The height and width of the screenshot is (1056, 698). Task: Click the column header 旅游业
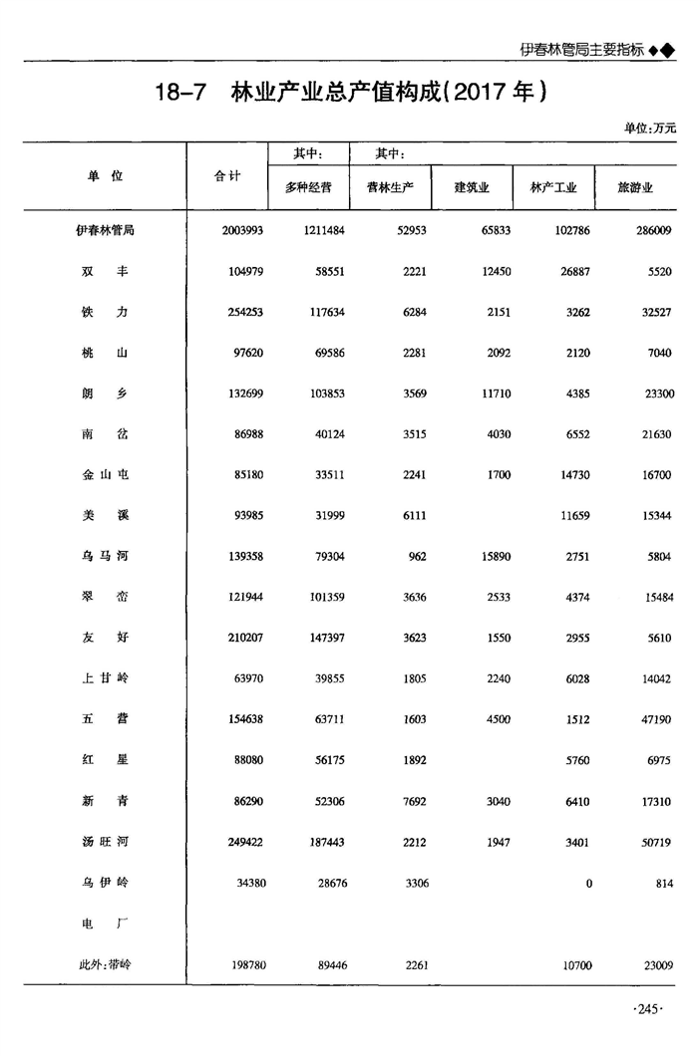click(635, 187)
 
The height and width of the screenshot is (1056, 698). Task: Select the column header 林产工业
click(553, 187)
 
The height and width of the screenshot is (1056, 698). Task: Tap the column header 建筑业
click(471, 187)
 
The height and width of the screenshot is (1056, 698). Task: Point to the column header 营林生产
click(390, 187)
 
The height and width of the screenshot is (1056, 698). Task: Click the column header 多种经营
click(308, 187)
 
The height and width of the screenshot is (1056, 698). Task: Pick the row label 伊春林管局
click(105, 230)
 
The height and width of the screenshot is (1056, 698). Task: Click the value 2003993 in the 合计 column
click(242, 230)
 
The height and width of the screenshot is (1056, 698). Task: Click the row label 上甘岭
click(105, 679)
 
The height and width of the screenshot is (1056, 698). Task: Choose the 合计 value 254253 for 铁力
click(242, 312)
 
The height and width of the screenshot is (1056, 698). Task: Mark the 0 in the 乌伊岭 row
click(588, 884)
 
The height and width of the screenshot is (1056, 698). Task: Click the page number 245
click(647, 1010)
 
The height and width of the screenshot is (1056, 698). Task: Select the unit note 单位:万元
click(649, 129)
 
